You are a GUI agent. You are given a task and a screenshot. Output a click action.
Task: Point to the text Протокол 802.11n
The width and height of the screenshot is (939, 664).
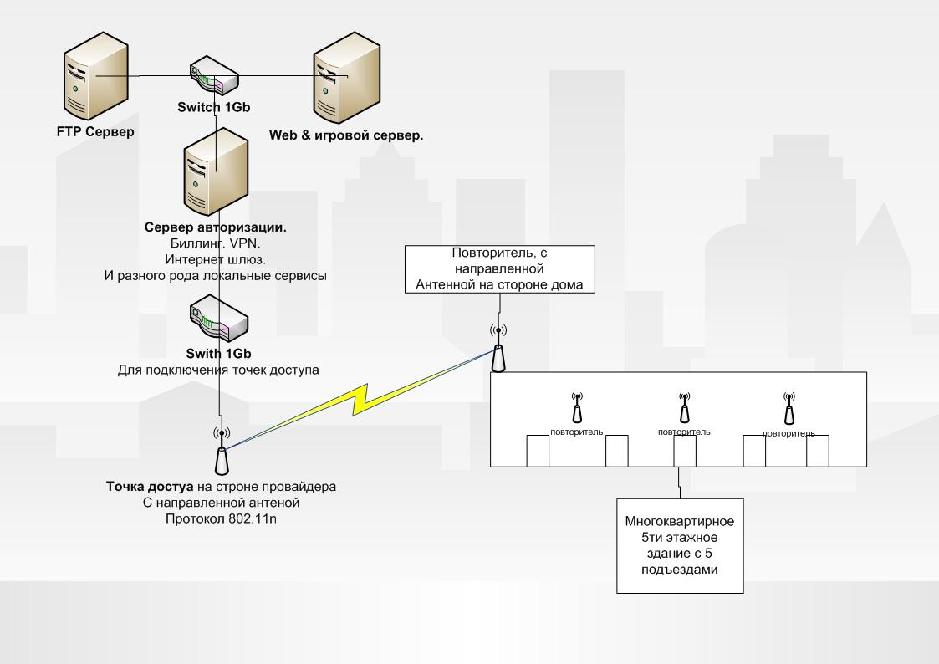click(x=221, y=520)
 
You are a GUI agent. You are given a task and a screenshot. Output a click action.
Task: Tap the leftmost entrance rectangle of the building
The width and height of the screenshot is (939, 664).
click(x=537, y=451)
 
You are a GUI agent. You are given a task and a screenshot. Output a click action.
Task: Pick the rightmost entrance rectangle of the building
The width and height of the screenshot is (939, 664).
click(x=817, y=451)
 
